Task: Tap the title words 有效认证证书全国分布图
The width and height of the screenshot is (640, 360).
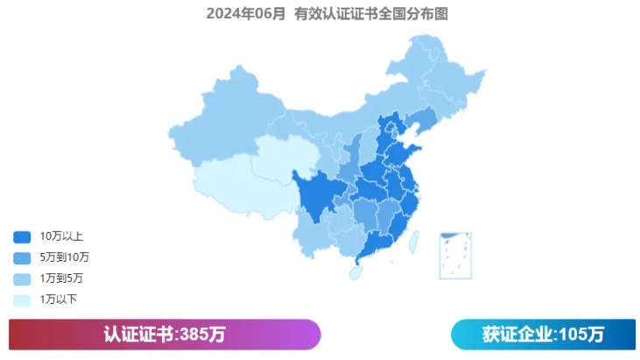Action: (x=365, y=14)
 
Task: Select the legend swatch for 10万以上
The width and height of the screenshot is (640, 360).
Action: (x=22, y=236)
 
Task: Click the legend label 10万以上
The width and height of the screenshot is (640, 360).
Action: (x=61, y=236)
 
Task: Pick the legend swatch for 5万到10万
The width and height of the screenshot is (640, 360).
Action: (x=22, y=258)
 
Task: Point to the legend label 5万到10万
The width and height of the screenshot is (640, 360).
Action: (x=65, y=258)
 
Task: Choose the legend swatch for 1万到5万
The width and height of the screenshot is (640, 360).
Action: (x=22, y=279)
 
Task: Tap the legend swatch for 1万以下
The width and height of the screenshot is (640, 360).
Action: (x=22, y=300)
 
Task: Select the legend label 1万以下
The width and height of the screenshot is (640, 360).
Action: (x=59, y=300)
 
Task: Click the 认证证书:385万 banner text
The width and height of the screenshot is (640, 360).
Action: (x=165, y=335)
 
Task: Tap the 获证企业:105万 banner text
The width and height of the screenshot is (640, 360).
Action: (x=543, y=335)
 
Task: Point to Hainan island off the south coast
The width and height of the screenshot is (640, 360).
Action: (x=355, y=273)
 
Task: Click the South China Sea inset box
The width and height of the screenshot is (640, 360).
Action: (x=455, y=255)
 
